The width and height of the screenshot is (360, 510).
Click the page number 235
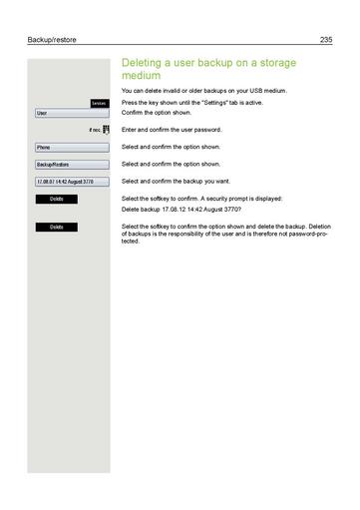click(x=325, y=40)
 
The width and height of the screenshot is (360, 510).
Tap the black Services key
click(x=98, y=104)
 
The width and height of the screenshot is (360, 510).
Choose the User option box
click(x=68, y=113)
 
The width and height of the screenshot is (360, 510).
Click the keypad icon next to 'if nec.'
click(x=105, y=130)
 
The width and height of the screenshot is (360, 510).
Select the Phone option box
click(x=68, y=147)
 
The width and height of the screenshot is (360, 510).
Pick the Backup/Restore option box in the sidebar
click(x=68, y=164)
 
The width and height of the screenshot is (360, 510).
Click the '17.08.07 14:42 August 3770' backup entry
click(x=68, y=182)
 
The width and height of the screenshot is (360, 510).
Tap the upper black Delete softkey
click(x=56, y=200)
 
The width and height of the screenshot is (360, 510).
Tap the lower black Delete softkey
click(x=56, y=228)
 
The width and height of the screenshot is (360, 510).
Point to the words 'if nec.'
click(x=90, y=131)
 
